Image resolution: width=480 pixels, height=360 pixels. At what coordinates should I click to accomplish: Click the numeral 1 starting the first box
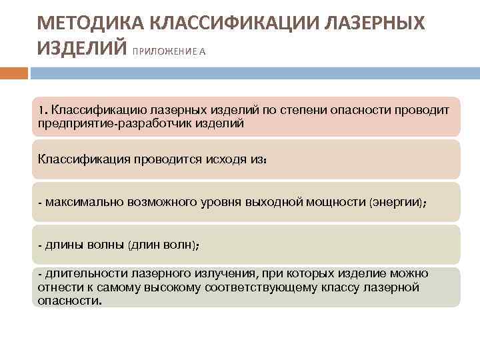pos(41,109)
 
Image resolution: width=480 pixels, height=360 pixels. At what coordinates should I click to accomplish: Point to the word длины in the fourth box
pos(62,245)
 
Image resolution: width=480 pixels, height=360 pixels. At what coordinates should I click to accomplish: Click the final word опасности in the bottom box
pos(69,301)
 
